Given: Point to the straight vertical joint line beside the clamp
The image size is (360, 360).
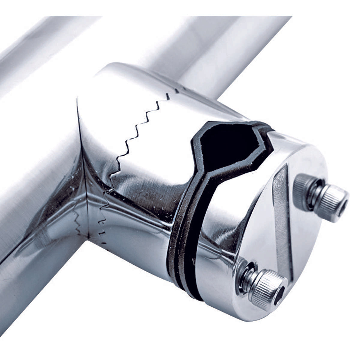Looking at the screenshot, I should pos(82,168).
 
